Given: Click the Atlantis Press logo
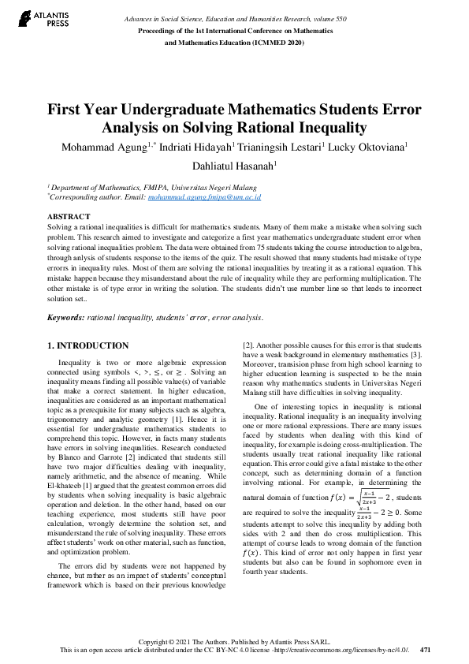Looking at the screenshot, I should click(41, 19).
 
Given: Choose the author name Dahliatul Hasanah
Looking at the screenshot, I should click(234, 165).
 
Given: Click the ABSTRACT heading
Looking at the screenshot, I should click(69, 215).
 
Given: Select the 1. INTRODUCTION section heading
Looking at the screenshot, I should click(87, 345).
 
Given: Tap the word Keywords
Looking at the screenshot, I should click(65, 317).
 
